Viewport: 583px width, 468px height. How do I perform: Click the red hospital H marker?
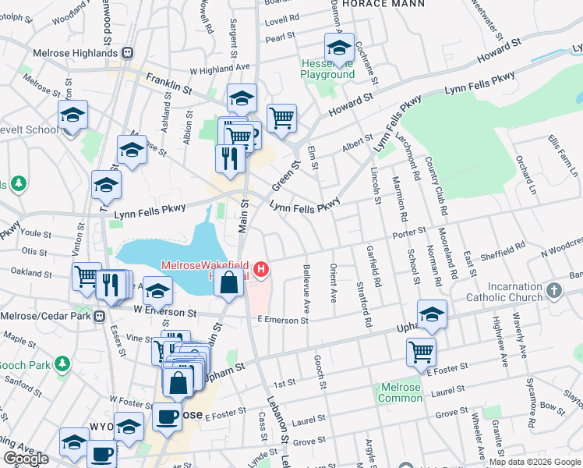click(262, 271)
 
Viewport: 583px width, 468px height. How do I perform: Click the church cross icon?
click(554, 291)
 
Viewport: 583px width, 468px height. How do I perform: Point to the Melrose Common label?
click(400, 392)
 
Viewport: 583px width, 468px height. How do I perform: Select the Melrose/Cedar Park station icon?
click(100, 316)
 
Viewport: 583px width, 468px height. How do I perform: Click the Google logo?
click(26, 459)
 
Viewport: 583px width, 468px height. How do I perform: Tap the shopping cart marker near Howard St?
click(281, 119)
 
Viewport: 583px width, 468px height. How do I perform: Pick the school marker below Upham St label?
click(432, 314)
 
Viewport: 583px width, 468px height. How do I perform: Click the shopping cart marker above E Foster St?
click(421, 351)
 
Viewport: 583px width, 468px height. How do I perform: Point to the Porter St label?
click(410, 231)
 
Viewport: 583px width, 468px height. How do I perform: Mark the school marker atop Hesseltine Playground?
click(339, 48)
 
